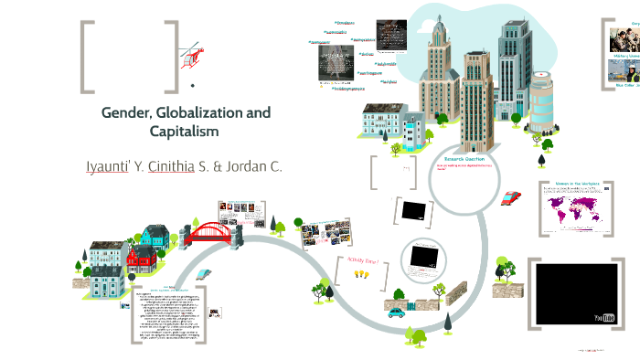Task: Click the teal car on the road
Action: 396,313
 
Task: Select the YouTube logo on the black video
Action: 604,318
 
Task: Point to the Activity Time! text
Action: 363,262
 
